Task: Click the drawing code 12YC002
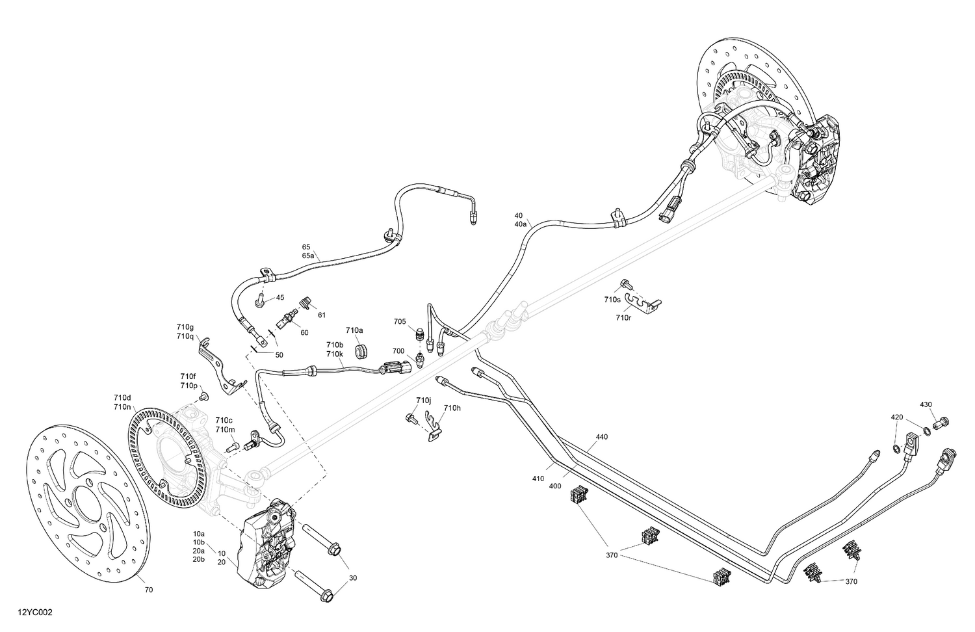(x=36, y=612)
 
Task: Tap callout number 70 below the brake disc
(x=149, y=590)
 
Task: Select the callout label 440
(x=601, y=437)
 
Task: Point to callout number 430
(x=926, y=404)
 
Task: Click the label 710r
(x=623, y=317)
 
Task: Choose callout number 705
(x=400, y=321)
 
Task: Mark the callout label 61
(x=321, y=315)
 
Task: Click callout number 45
(x=280, y=298)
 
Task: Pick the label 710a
(x=354, y=330)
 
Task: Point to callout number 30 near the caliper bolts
(x=353, y=577)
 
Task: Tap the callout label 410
(x=538, y=479)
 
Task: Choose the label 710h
(x=452, y=408)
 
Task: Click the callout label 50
(x=279, y=355)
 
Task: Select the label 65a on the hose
(x=308, y=256)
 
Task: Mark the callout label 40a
(x=520, y=224)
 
